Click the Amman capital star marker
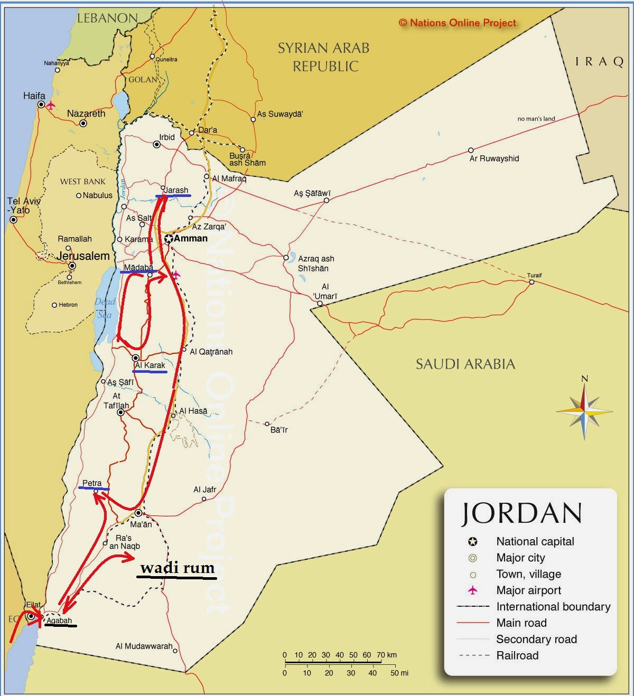169,239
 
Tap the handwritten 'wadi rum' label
177,568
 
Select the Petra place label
92,483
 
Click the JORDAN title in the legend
522,513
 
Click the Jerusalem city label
83,256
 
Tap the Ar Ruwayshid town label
494,158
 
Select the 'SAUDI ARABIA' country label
465,364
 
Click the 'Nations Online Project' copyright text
458,23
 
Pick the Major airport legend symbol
473,590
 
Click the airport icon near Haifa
51,105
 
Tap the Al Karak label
150,365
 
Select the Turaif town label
534,275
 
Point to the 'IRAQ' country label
600,62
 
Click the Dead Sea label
105,308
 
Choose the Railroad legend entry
517,655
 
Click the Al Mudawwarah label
144,646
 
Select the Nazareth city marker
83,124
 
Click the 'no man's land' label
536,119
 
